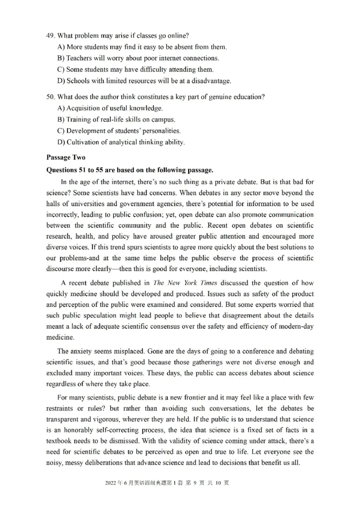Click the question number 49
pyautogui.click(x=50, y=36)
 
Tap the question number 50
pyautogui.click(x=50, y=97)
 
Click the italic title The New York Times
pyautogui.click(x=179, y=283)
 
